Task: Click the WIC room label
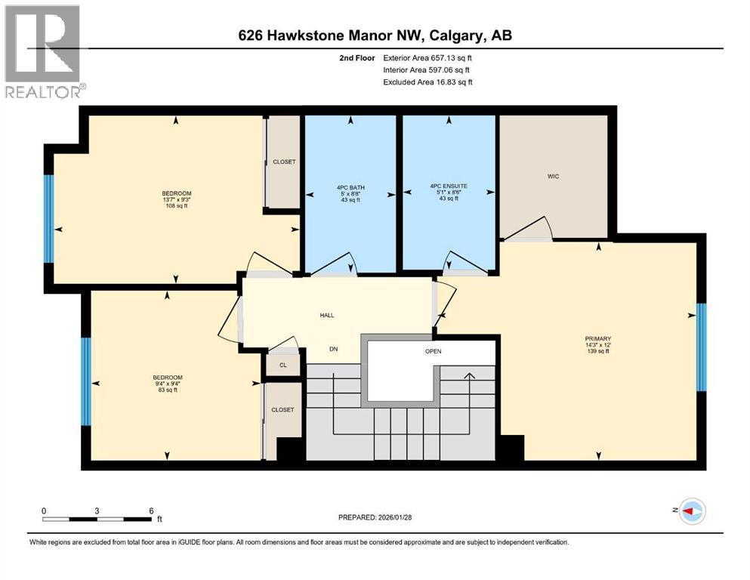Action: [554, 176]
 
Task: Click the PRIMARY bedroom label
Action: [597, 338]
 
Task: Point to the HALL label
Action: [326, 316]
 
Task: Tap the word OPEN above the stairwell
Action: [433, 351]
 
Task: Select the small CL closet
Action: [283, 364]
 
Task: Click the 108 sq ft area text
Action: [176, 206]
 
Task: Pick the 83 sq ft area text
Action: [167, 390]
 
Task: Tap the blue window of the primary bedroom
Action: [701, 347]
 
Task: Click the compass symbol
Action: [692, 511]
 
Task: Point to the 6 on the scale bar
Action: [152, 511]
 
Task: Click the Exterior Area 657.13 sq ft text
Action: [431, 57]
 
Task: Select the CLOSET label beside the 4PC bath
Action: [284, 162]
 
